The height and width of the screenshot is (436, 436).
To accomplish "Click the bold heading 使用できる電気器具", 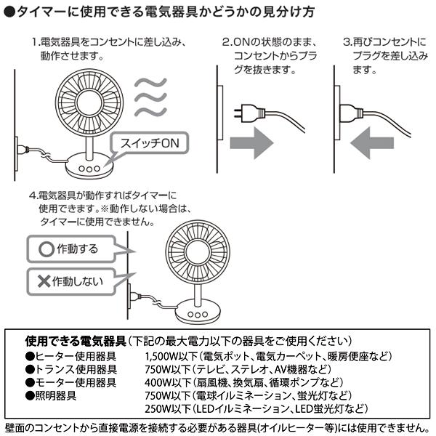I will coord(76,340).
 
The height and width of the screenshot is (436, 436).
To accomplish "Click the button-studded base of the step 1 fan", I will coord(88,166).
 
